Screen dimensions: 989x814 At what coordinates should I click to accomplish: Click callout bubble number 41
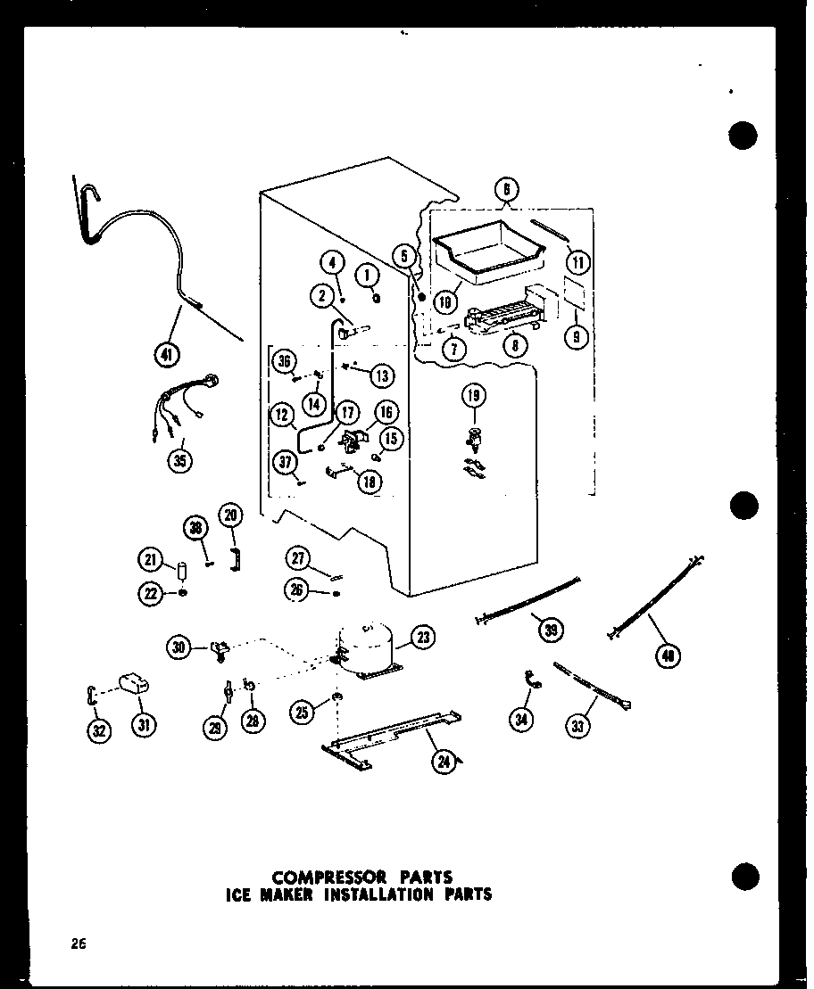point(166,355)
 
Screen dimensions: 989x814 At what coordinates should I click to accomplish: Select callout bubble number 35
point(182,462)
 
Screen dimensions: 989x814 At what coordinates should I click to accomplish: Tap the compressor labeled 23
point(364,652)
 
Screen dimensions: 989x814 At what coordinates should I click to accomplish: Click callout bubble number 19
point(473,395)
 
